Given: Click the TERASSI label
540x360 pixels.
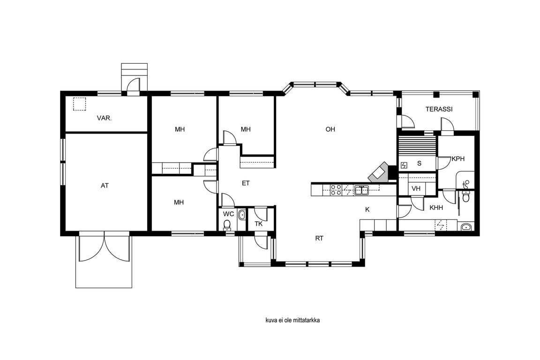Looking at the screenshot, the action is [x=439, y=109].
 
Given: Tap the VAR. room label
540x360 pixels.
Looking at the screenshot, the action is [x=104, y=118].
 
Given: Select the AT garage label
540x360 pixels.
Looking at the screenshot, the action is [x=105, y=186].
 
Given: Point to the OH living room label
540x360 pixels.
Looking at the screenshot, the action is [x=330, y=129].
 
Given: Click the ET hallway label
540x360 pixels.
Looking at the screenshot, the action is [x=246, y=183].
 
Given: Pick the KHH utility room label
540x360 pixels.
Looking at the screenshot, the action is [x=436, y=208].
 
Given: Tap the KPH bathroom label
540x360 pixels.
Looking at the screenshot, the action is [x=458, y=159].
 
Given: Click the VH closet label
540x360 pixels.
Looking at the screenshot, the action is [x=416, y=189].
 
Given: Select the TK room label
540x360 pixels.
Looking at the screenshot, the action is [x=259, y=224].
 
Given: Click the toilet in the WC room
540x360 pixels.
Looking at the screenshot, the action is [x=227, y=225].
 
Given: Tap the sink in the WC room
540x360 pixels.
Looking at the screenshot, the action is [x=242, y=215].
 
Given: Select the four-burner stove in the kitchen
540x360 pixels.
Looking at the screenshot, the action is [x=336, y=190].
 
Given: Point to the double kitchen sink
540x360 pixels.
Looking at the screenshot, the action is [x=361, y=190].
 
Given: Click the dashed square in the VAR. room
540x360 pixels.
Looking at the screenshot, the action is [x=80, y=104].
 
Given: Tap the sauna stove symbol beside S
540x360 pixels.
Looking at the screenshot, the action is [x=404, y=166].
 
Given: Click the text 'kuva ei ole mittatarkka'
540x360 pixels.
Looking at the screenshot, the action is [x=292, y=320].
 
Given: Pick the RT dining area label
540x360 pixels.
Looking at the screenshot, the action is [x=319, y=239].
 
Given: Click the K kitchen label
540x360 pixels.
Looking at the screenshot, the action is [x=367, y=210].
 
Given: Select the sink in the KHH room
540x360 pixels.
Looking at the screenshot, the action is [x=466, y=227].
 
